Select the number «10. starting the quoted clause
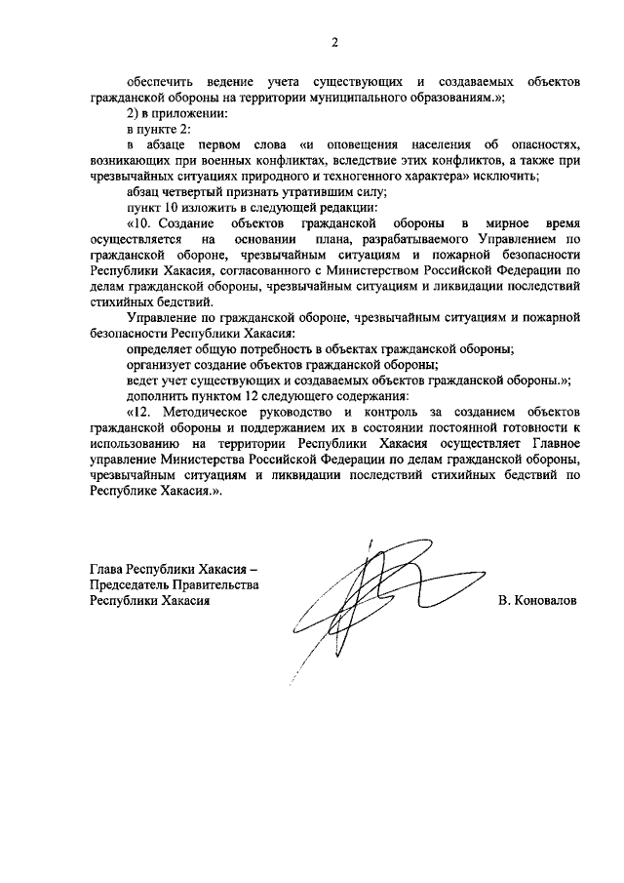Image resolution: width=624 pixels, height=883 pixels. (139, 225)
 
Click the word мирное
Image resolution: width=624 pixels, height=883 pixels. (519, 225)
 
